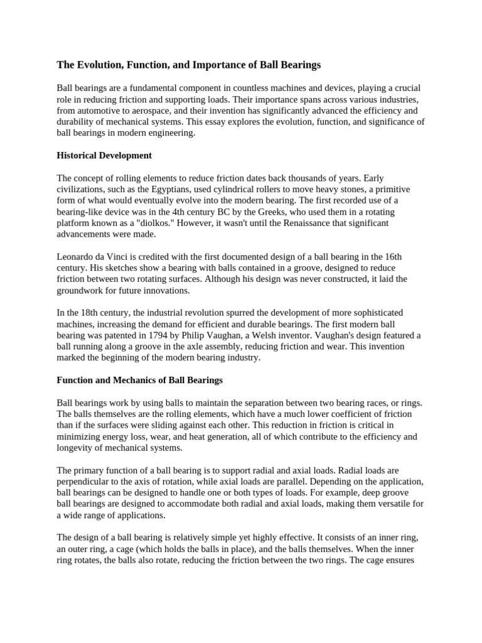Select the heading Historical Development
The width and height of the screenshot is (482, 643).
[104, 155]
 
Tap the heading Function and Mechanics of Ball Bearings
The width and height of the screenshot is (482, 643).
[140, 380]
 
